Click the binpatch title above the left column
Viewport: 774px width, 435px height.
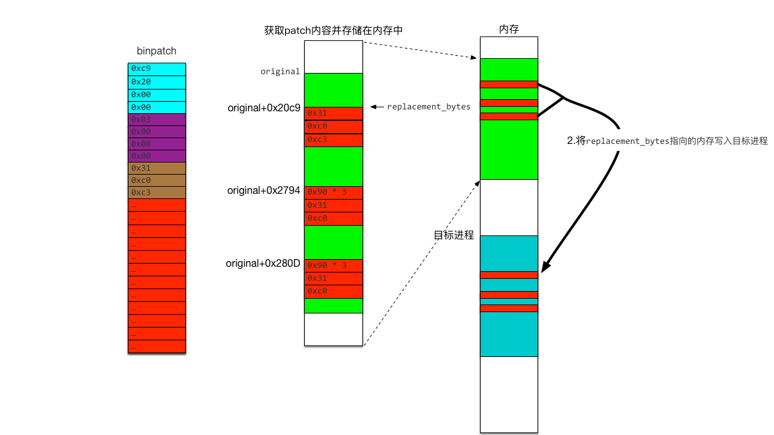[x=157, y=51]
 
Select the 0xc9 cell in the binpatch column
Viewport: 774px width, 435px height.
[x=157, y=69]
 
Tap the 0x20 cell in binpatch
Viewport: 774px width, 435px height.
[x=157, y=82]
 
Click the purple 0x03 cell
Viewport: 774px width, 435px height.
[x=157, y=120]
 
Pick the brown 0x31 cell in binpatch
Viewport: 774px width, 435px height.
[x=157, y=168]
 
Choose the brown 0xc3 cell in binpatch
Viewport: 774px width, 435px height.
[x=157, y=193]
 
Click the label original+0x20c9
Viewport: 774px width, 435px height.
[x=264, y=108]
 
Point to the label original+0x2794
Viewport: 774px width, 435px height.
[x=263, y=191]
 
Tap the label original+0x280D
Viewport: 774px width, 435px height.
[x=263, y=264]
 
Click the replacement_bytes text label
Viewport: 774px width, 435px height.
[x=428, y=107]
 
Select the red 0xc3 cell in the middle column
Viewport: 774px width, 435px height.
[x=333, y=140]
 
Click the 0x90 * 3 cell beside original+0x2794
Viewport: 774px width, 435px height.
[x=333, y=192]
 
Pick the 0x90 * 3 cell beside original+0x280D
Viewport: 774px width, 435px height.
[x=333, y=265]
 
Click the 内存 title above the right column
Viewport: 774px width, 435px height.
[x=509, y=29]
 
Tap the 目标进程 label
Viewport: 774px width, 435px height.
[x=454, y=235]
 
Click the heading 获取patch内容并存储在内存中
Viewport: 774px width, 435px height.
[x=334, y=30]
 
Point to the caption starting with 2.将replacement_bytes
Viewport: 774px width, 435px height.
[x=667, y=141]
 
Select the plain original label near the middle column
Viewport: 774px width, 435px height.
[x=280, y=72]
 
